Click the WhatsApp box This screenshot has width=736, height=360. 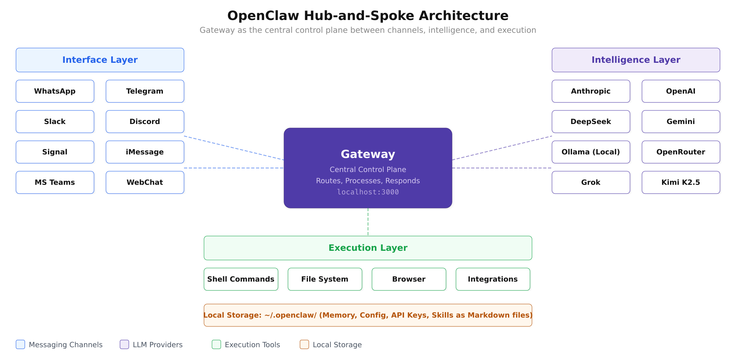(x=55, y=91)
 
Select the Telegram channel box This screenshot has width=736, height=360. (x=145, y=91)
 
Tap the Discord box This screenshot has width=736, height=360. (x=145, y=122)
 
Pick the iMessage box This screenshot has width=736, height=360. (x=145, y=152)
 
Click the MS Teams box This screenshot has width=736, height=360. (x=55, y=182)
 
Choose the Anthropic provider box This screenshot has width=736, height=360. (x=591, y=91)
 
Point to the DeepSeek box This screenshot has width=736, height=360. (x=591, y=122)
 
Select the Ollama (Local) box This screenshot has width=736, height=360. (x=591, y=152)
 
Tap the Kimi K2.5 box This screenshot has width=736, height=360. (x=681, y=182)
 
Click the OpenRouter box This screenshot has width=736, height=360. (x=681, y=152)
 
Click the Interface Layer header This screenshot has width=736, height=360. (x=100, y=60)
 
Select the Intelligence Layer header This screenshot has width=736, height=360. (x=636, y=60)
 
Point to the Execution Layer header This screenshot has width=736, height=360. (x=368, y=248)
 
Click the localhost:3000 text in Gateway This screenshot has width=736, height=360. (x=368, y=192)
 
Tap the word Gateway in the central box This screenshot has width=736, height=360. (x=368, y=154)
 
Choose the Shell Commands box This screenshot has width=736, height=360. (x=241, y=279)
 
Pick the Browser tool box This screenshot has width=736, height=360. (x=409, y=279)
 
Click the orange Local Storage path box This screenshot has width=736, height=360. (x=368, y=315)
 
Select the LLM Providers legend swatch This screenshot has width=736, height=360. (x=124, y=344)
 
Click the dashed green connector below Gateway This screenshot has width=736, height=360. (x=368, y=222)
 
